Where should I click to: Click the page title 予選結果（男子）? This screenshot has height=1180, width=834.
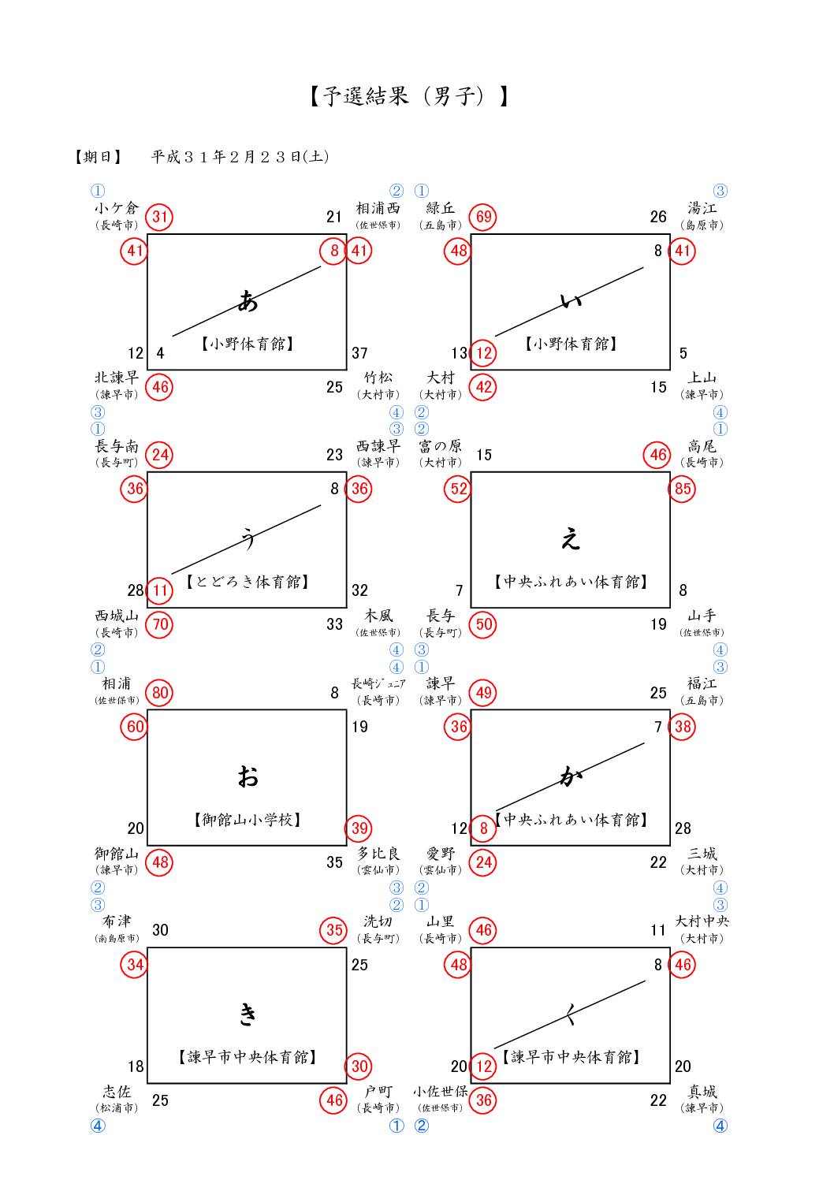[x=408, y=96]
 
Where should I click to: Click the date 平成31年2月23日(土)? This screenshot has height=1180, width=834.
[x=240, y=156]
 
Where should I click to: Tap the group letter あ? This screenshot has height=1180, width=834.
[x=248, y=300]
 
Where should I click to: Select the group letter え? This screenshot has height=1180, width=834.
[x=570, y=539]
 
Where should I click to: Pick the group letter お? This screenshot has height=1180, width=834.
[x=248, y=777]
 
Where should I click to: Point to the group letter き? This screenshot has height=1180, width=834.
[x=248, y=1014]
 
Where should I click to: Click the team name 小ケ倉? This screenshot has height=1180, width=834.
[x=117, y=208]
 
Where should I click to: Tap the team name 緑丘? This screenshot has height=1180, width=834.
[x=441, y=208]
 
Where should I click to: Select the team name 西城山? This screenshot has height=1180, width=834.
[x=117, y=616]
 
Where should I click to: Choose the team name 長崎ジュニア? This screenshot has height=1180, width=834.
[x=378, y=683]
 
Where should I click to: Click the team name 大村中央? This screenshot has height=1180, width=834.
[x=702, y=921]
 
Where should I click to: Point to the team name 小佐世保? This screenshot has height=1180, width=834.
[x=441, y=1092]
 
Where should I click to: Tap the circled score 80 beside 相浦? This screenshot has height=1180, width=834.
[x=160, y=693]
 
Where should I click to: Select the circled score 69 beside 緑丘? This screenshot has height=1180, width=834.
[x=483, y=217]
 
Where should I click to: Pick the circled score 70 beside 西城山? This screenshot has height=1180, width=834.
[x=160, y=624]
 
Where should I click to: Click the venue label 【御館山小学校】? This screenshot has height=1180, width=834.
[x=248, y=820]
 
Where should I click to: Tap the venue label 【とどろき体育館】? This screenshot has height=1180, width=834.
[x=248, y=582]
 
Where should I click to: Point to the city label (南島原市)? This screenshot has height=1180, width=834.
[x=117, y=938]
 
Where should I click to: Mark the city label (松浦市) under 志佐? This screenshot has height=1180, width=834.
[x=117, y=1107]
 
